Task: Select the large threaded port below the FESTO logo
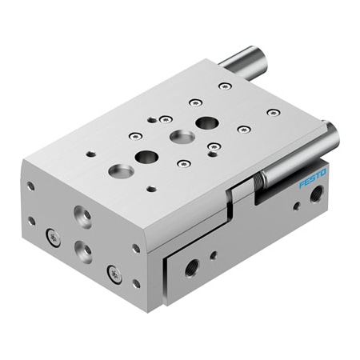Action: coord(318,193)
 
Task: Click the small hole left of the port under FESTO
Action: coord(296,206)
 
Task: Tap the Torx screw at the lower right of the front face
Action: coord(115,274)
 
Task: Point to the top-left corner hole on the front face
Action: coord(30,186)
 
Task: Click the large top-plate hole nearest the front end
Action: coord(122,170)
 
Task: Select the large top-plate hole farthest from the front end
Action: coord(207,122)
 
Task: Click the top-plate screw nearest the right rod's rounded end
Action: coord(273,113)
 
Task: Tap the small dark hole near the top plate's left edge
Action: coord(91,154)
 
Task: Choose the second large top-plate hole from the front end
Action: coord(146,157)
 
